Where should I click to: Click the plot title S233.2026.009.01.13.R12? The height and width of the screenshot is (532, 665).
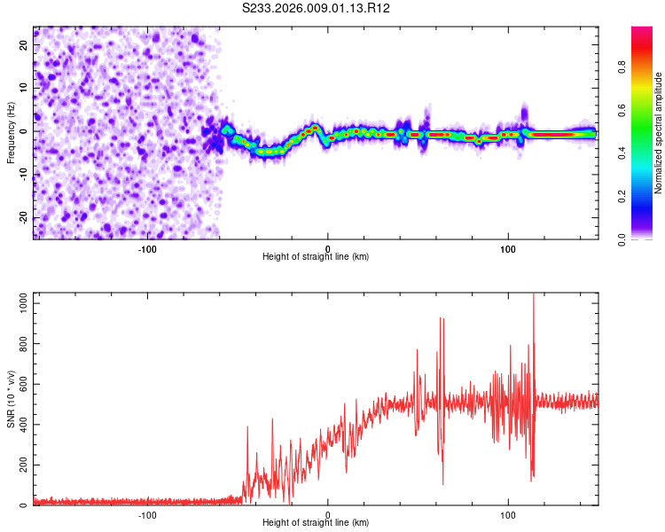[x=317, y=8]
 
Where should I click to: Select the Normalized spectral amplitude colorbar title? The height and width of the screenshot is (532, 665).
[x=659, y=133]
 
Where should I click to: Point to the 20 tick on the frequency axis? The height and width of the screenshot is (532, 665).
[x=25, y=44]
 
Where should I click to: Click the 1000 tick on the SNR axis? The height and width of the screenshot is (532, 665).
[x=17, y=303]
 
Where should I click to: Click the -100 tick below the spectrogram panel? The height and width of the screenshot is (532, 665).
[x=147, y=249]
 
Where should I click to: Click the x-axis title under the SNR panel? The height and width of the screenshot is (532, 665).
[x=316, y=523]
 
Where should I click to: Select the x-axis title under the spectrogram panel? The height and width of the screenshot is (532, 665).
[x=316, y=257]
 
